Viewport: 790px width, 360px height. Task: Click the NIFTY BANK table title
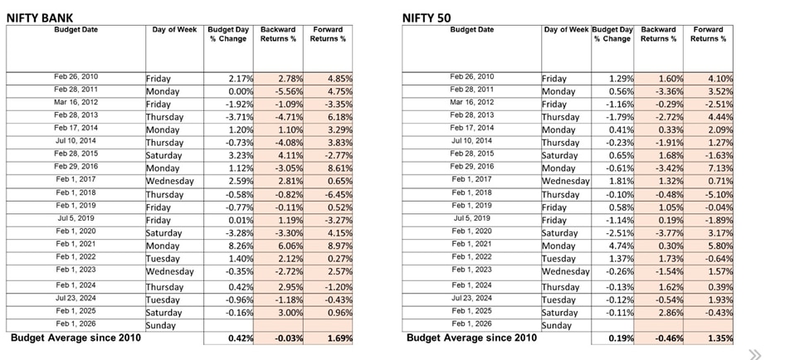[x=41, y=16]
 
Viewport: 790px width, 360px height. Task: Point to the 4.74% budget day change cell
[x=617, y=246]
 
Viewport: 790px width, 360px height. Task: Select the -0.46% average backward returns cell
[x=664, y=338]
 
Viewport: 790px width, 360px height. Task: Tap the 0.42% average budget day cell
[x=233, y=338]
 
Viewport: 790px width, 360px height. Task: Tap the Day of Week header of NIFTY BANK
[x=174, y=30]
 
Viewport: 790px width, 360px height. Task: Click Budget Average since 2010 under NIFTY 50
[x=471, y=338]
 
